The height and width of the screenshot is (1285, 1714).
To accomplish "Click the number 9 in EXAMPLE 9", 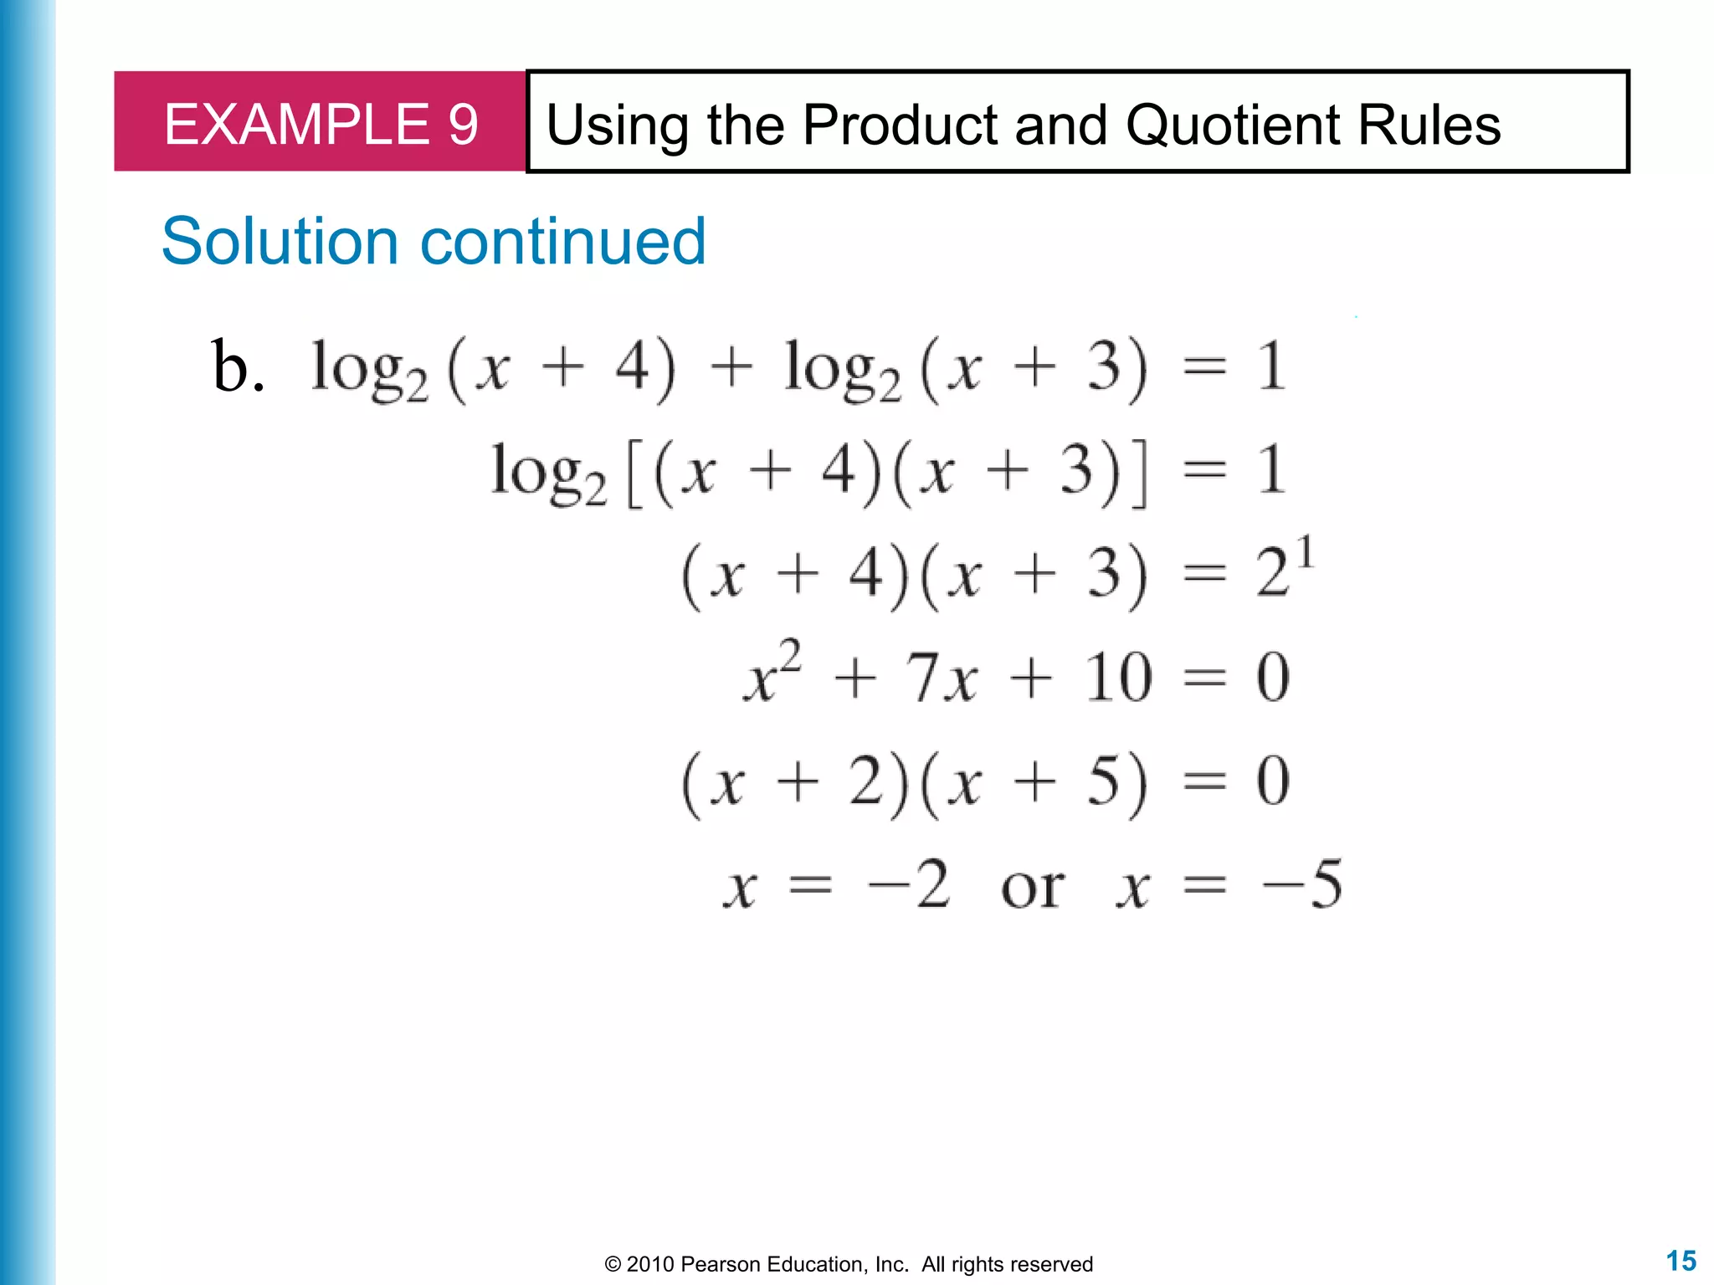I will [463, 125].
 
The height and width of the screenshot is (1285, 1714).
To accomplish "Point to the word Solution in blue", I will [280, 241].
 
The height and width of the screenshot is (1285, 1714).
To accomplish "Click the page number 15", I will [1681, 1261].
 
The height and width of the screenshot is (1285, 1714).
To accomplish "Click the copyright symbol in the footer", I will [613, 1264].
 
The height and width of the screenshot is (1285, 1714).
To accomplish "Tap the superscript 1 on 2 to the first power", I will [1305, 554].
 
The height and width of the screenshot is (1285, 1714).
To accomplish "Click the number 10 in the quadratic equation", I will [1118, 678].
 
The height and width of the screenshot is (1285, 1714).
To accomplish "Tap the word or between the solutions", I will [1033, 886].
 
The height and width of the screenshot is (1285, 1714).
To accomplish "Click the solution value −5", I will [1302, 884].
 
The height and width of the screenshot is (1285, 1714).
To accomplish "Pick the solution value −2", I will [910, 884].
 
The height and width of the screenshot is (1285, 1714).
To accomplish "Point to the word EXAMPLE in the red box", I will [296, 125].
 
